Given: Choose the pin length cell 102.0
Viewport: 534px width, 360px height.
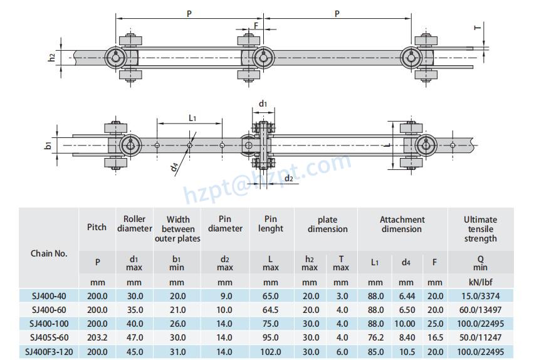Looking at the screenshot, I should tap(271, 352).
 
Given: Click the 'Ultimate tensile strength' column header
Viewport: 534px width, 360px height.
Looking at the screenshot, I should tap(480, 229).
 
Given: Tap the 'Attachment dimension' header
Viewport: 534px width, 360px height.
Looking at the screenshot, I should tap(402, 225).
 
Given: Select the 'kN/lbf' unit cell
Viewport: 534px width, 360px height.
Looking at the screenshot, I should tap(480, 282).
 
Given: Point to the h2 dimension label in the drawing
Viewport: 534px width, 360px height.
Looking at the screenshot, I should tap(52, 57).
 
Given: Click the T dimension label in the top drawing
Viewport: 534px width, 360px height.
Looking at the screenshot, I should tap(477, 28).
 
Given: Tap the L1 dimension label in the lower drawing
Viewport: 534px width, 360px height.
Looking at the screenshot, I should tap(192, 117).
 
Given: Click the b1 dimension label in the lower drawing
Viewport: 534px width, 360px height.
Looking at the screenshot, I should tap(48, 146).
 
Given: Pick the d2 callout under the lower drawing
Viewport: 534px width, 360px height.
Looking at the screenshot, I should tap(289, 179).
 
